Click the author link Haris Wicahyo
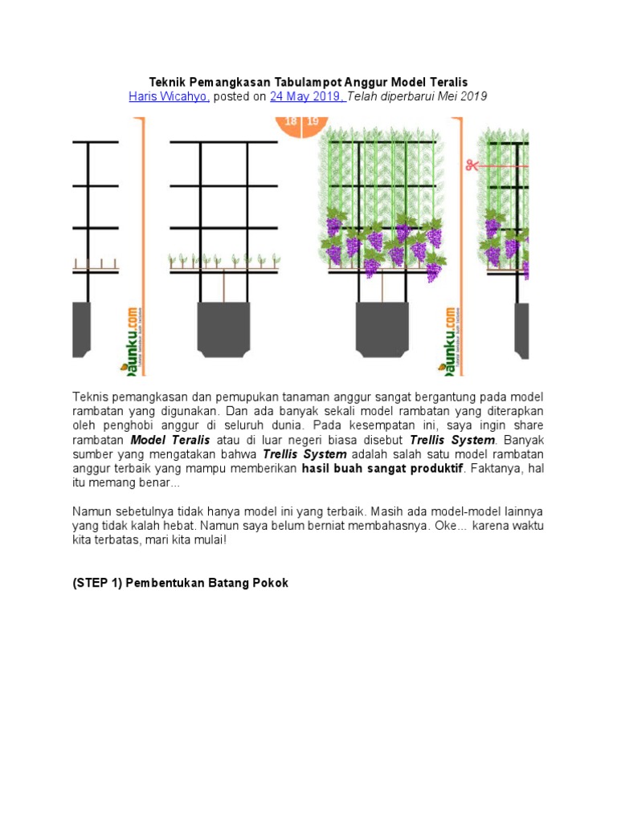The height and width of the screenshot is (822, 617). (x=169, y=96)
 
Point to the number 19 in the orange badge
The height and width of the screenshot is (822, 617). (x=313, y=122)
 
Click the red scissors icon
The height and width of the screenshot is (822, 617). (x=470, y=165)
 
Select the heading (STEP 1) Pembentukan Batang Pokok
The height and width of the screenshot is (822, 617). (x=181, y=583)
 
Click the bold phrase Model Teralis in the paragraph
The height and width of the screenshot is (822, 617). (x=170, y=440)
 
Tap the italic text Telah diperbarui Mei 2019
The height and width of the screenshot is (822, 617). (x=418, y=96)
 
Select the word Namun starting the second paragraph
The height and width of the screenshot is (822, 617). (x=92, y=511)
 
